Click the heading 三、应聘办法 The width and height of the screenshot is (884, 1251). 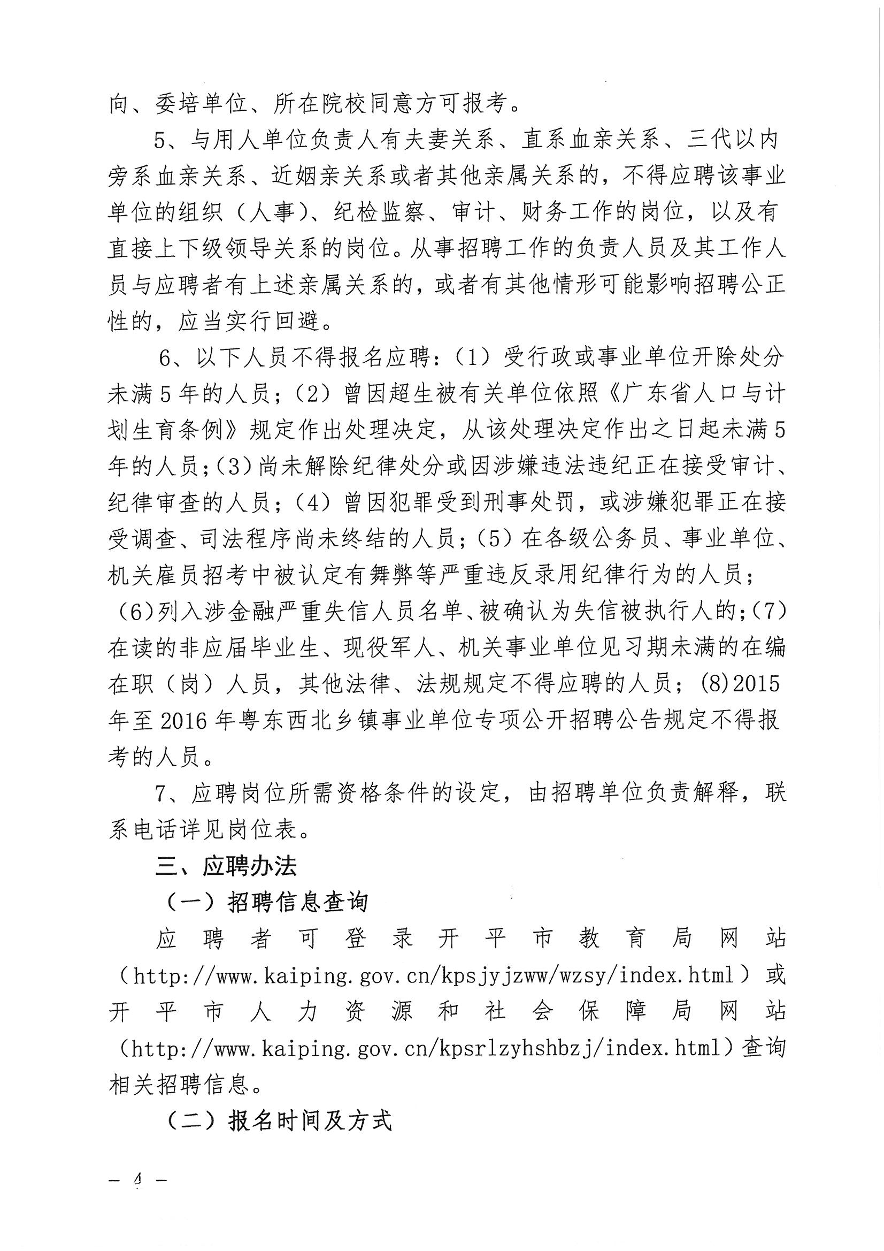[x=226, y=866]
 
